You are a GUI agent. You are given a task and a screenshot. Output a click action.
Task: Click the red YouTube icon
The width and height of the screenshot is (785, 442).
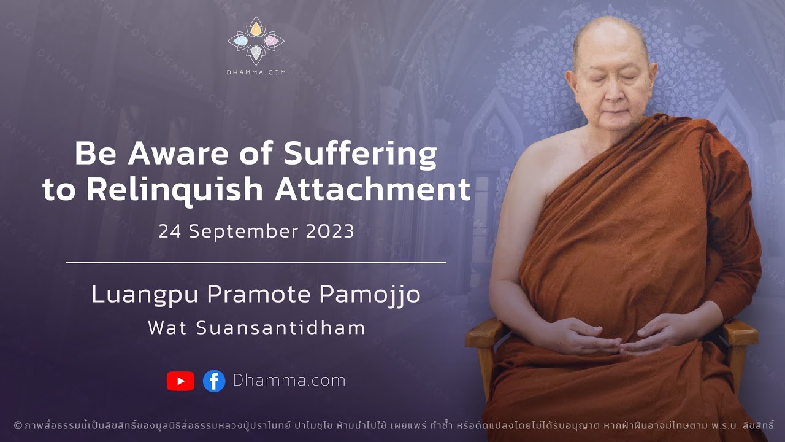point(180,381)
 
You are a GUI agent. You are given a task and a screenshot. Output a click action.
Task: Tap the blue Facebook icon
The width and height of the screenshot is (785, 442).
point(214,381)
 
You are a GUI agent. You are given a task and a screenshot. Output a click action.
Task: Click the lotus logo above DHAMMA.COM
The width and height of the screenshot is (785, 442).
point(256,41)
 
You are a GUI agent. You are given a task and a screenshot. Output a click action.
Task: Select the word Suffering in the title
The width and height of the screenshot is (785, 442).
point(362,155)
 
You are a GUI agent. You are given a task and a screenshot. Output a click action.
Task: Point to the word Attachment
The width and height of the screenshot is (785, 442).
point(372,190)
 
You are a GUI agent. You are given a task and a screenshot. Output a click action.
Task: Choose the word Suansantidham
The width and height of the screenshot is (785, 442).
point(281,328)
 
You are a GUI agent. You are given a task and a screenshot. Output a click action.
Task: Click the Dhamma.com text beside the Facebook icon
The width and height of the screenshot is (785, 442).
point(289,381)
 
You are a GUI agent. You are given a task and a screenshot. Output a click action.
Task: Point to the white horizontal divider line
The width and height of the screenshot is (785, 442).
point(256,262)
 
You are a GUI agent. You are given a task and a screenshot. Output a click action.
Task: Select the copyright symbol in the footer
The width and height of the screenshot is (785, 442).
point(18,425)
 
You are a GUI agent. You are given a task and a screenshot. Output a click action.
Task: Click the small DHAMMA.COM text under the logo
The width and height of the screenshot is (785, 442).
point(256,72)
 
